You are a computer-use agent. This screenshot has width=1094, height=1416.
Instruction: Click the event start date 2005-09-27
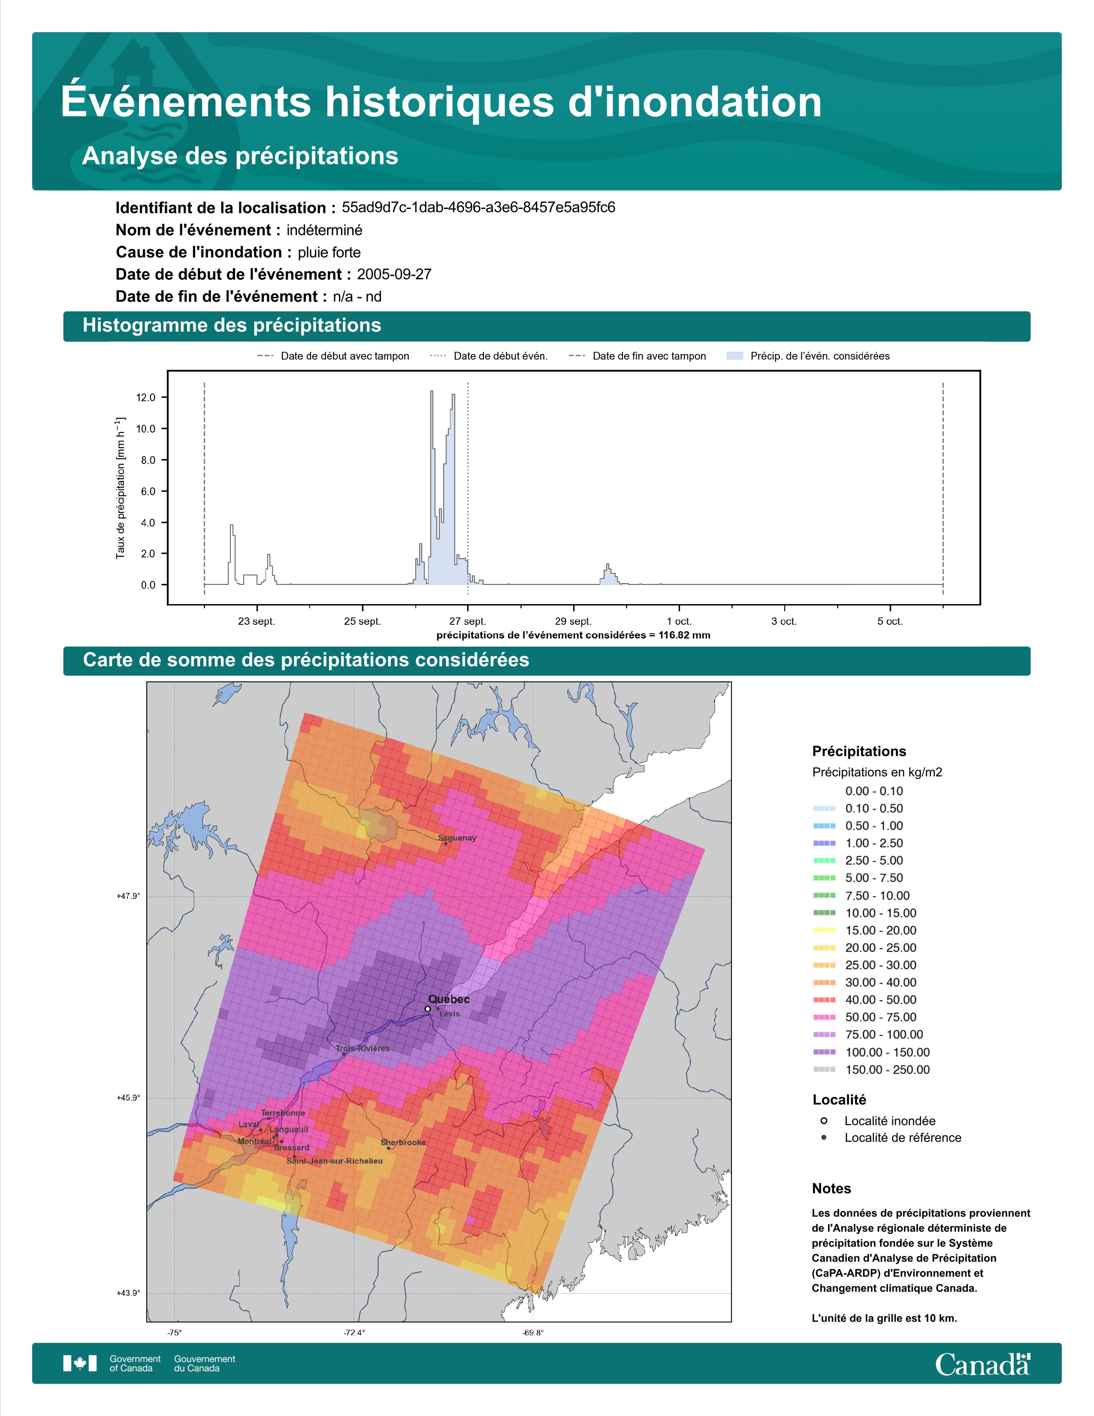pyautogui.click(x=394, y=274)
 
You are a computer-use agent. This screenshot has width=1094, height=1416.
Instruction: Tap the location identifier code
pyautogui.click(x=478, y=208)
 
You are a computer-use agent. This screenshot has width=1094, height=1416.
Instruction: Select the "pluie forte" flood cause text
pyautogui.click(x=329, y=252)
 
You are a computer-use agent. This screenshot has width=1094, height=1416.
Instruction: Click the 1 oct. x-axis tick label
pyautogui.click(x=679, y=621)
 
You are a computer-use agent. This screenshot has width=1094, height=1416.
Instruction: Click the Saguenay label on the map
pyautogui.click(x=457, y=838)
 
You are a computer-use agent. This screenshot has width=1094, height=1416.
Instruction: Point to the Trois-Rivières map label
pyautogui.click(x=363, y=1048)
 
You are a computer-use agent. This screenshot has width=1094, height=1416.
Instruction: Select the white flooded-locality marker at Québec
pyautogui.click(x=427, y=1009)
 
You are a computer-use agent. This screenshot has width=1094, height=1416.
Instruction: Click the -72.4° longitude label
pyautogui.click(x=354, y=1333)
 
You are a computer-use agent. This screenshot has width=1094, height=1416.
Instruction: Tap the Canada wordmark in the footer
pyautogui.click(x=982, y=1365)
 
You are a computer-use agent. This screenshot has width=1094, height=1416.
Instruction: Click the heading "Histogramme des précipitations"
pyautogui.click(x=232, y=326)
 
